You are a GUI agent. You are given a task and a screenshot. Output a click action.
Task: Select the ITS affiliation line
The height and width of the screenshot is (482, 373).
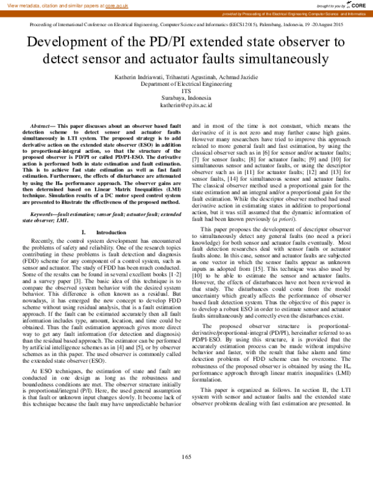click(x=186, y=91)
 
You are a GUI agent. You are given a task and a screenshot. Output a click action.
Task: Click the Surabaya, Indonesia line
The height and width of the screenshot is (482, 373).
click(x=186, y=98)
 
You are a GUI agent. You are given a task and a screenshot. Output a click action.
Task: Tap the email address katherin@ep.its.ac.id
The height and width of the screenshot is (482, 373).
click(x=186, y=106)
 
